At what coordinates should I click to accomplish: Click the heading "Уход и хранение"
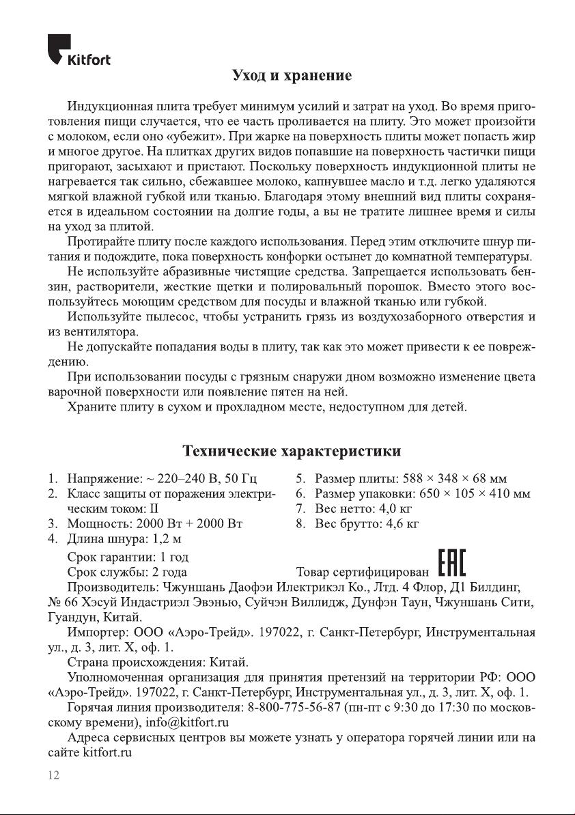[x=292, y=75]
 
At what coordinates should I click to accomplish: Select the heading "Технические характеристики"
[x=292, y=451]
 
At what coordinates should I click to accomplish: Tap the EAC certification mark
[x=452, y=566]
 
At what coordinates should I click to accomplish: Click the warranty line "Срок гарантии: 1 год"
[x=128, y=557]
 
